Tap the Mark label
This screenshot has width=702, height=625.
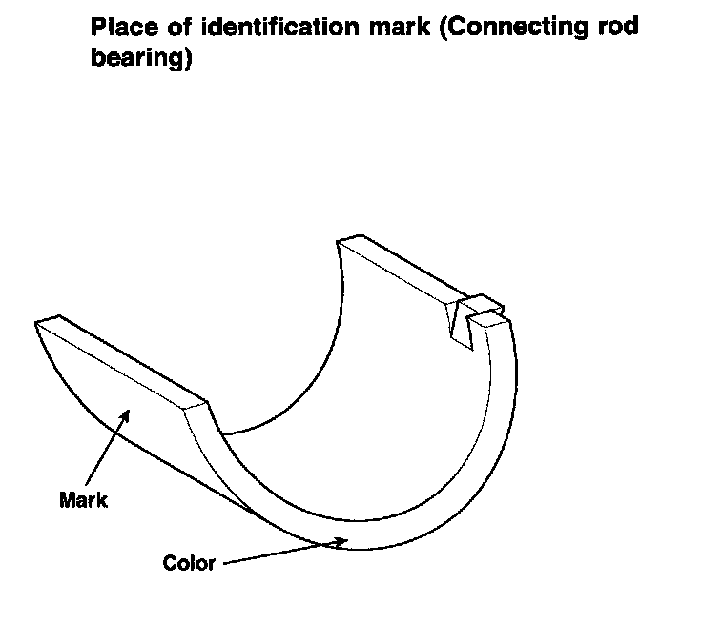(83, 499)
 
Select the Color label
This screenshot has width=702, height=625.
(189, 562)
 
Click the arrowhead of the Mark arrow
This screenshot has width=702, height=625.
(124, 413)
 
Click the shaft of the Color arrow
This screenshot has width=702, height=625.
(277, 554)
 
